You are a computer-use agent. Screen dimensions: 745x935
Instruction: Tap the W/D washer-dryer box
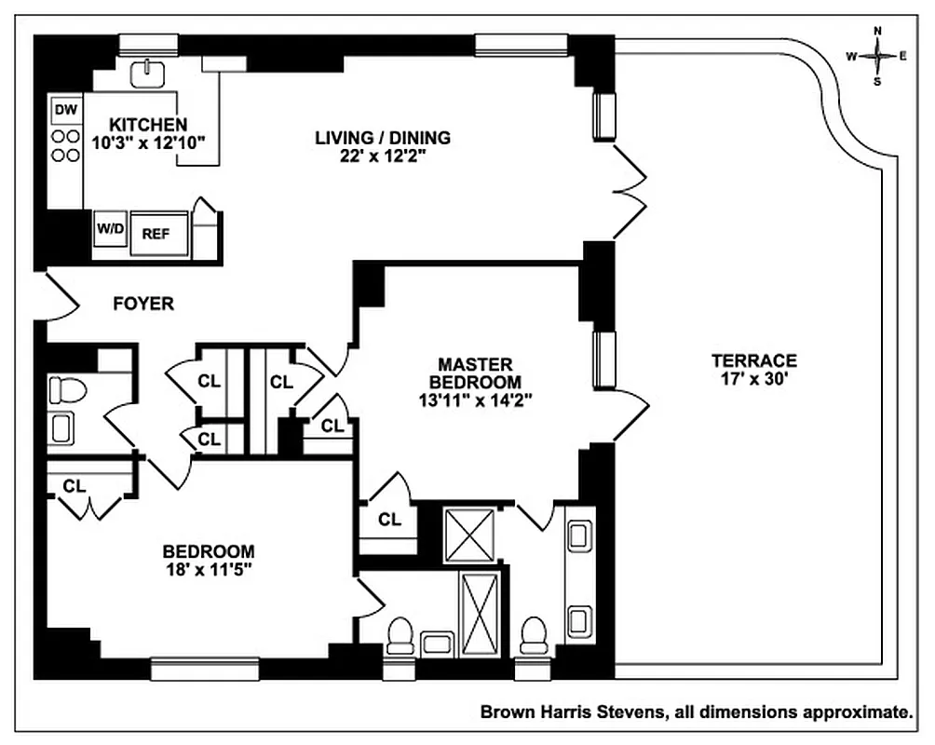pos(108,227)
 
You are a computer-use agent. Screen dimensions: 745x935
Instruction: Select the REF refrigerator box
pos(156,233)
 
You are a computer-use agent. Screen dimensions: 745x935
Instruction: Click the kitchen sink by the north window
pos(148,73)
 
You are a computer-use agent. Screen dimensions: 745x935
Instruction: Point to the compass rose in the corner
pos(877,56)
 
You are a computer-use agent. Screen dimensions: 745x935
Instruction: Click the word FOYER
pos(143,304)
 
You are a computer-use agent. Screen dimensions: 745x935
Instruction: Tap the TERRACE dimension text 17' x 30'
pos(754,380)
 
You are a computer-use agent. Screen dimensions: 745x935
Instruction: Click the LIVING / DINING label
pos(382,138)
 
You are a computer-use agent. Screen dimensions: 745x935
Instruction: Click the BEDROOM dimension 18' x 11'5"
pos(209,568)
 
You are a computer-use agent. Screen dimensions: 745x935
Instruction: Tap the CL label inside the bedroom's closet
pos(75,485)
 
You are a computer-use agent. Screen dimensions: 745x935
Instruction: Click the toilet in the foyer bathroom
pos(67,389)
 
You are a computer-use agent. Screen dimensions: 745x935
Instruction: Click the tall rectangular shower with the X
pos(481,614)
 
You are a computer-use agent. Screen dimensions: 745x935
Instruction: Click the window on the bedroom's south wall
pos(204,667)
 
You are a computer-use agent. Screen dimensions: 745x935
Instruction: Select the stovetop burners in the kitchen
pos(65,145)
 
